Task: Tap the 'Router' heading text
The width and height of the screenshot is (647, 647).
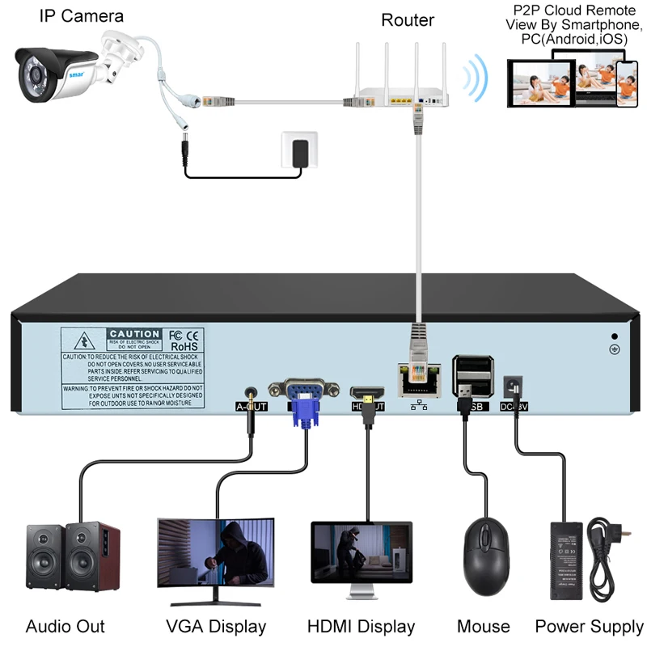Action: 407,20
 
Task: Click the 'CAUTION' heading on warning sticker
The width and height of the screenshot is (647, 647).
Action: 135,334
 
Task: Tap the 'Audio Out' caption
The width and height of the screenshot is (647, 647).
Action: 66,626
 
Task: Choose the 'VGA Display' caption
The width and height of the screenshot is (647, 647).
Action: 216,626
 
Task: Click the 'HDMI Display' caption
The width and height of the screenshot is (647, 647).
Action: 361,626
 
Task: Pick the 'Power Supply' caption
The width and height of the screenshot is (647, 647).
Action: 590,626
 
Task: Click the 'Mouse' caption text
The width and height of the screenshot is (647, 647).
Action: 484,626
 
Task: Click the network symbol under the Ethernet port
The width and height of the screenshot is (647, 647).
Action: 419,405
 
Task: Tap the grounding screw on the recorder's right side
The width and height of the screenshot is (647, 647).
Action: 614,350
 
